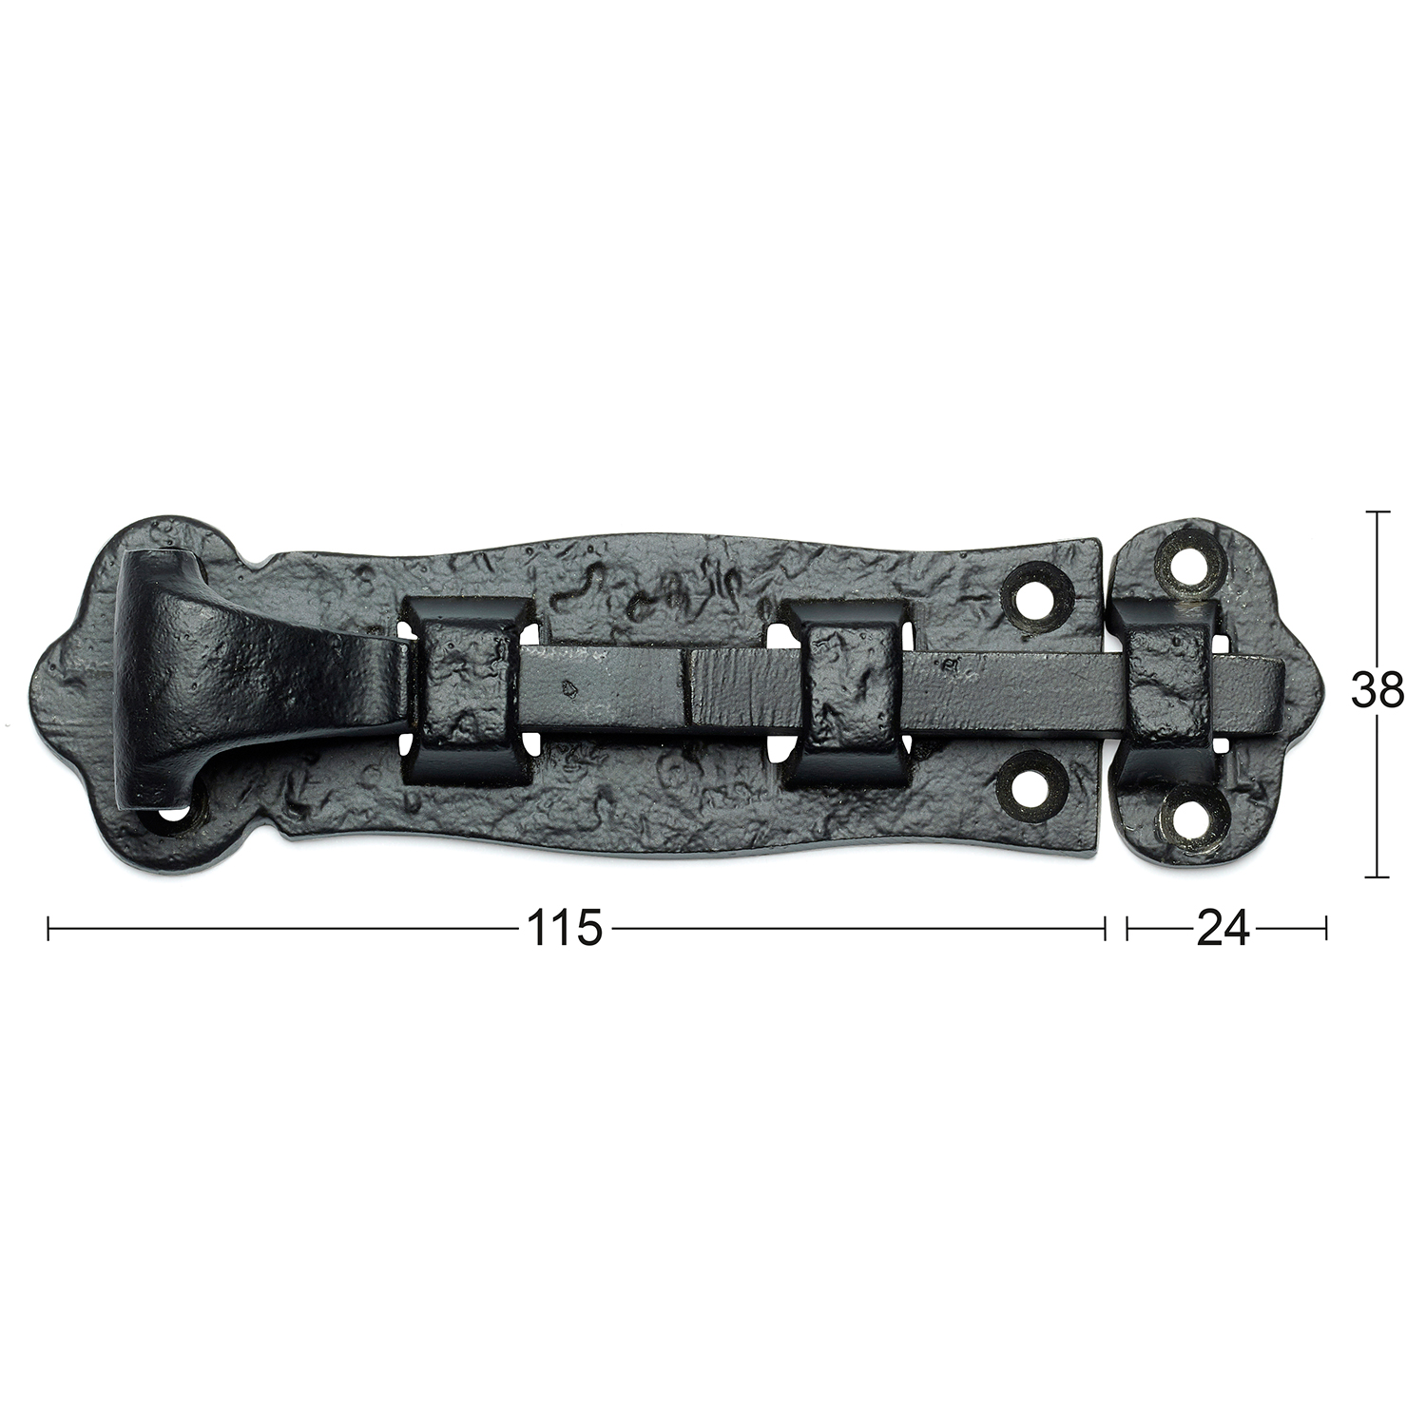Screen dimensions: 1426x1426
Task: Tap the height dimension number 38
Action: (1378, 691)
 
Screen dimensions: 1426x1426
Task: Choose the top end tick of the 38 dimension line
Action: (1378, 512)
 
